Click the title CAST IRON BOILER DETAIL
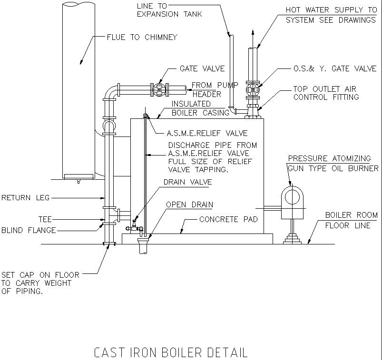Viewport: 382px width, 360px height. tap(171, 353)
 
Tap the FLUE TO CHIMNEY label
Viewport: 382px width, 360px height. tap(142, 37)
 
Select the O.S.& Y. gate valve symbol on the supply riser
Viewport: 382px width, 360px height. tap(253, 89)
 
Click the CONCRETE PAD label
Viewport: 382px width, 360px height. tap(228, 220)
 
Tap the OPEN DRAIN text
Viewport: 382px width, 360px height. tap(189, 205)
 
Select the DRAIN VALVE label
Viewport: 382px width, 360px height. tap(187, 182)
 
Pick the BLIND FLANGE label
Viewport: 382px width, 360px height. tap(29, 230)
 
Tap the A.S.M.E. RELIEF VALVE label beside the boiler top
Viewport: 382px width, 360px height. tap(207, 133)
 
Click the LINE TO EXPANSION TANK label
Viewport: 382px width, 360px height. tap(169, 10)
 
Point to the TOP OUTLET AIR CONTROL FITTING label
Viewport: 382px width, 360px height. tap(326, 93)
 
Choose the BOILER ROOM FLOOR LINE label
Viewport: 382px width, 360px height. tap(351, 220)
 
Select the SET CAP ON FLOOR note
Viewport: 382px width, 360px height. tap(40, 283)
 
